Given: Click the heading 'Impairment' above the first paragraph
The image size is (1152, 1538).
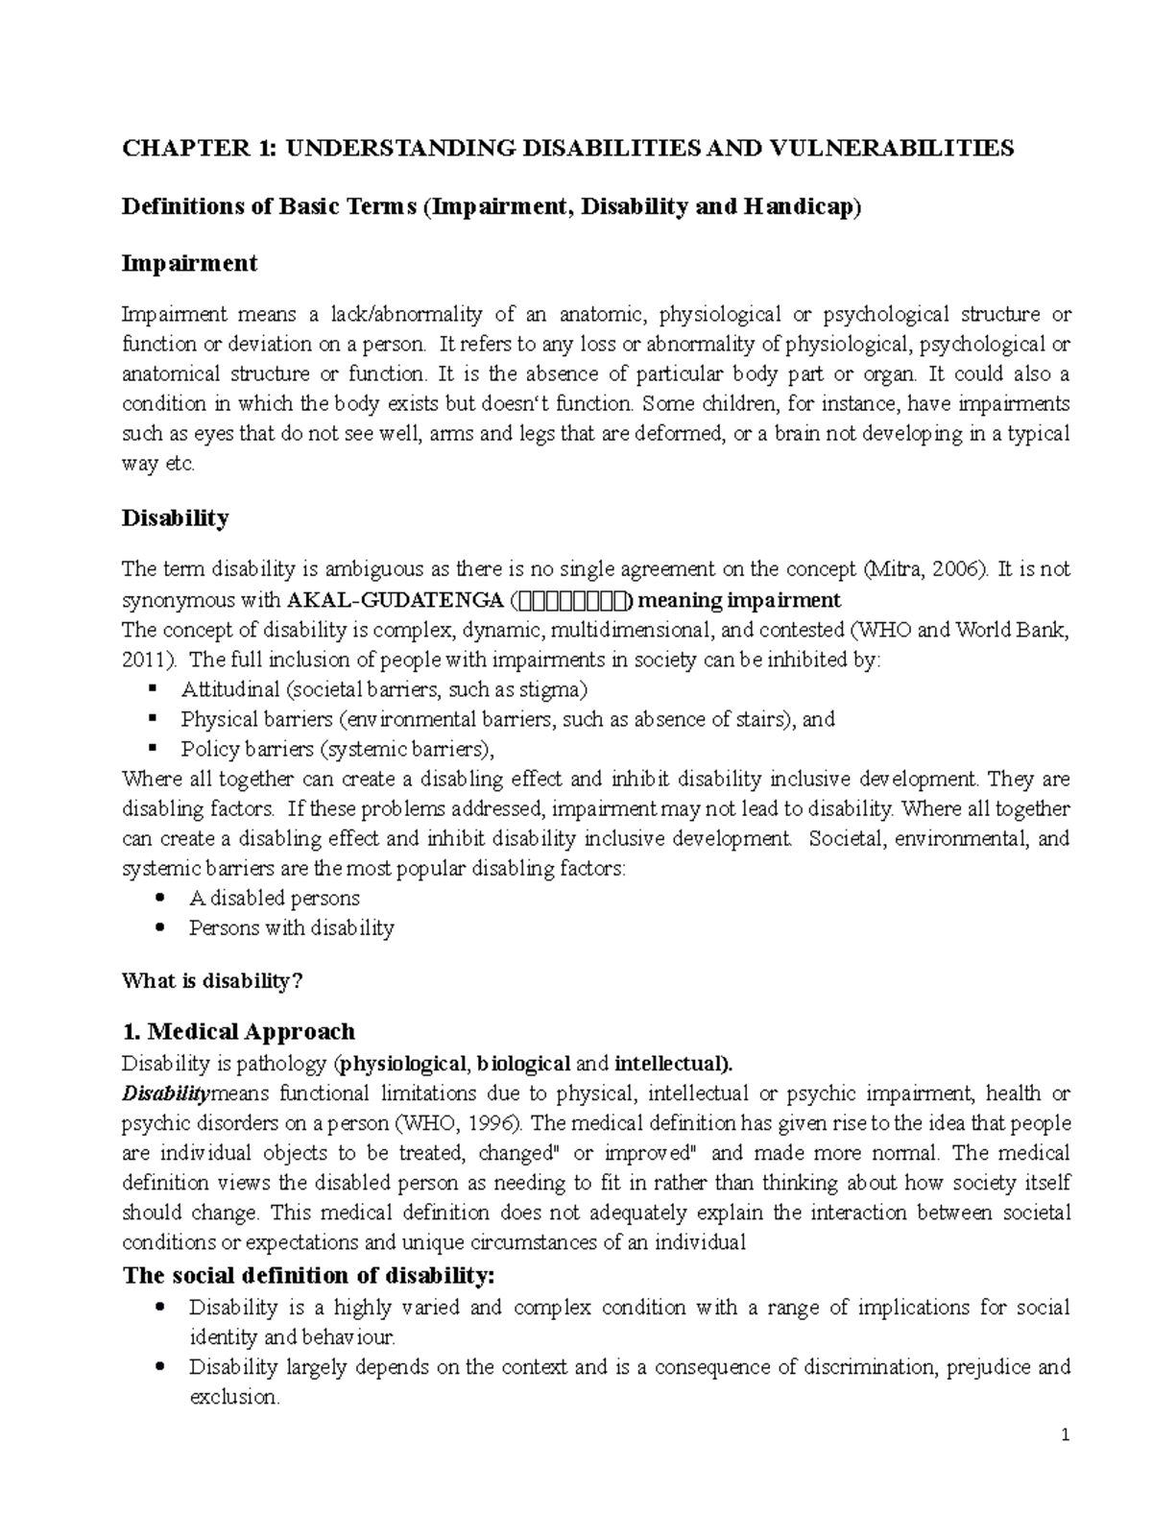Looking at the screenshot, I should tap(189, 263).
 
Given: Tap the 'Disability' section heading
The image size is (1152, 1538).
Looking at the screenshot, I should tap(175, 518).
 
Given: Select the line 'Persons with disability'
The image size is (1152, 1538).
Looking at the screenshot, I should tap(291, 928).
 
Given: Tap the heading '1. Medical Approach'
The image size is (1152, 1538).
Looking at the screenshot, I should tap(238, 1032).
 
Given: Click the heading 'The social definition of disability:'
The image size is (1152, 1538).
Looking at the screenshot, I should tap(308, 1276).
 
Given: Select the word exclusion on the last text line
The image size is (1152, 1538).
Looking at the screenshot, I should tap(232, 1397).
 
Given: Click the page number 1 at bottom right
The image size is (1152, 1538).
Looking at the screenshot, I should tap(1066, 1437).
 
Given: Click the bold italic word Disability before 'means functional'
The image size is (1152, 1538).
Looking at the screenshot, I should tap(163, 1093).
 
